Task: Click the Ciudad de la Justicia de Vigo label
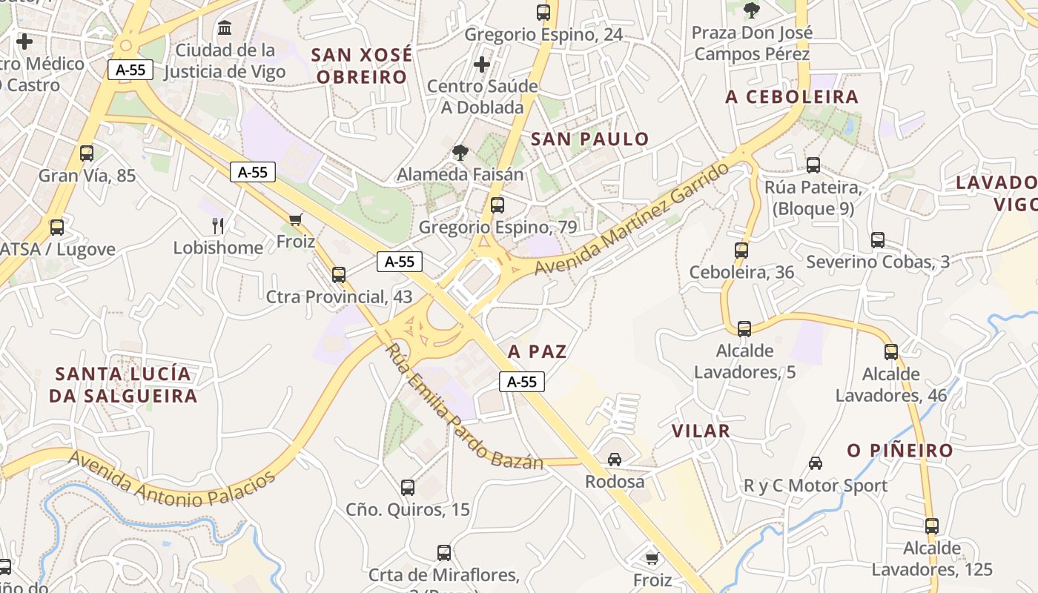224,62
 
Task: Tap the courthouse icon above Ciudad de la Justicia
224,28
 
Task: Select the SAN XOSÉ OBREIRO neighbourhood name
360,65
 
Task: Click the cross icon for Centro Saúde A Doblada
482,64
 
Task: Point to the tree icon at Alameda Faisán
460,153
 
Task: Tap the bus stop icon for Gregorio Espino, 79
497,205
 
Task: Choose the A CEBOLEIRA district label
792,96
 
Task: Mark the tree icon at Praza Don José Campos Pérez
752,10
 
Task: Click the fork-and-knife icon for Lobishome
218,225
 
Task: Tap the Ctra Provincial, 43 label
339,296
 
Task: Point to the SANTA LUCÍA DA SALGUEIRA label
123,385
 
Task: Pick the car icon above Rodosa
615,460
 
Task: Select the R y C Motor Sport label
815,486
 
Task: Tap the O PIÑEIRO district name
900,451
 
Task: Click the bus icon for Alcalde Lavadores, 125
932,526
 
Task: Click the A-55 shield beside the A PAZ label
522,382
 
